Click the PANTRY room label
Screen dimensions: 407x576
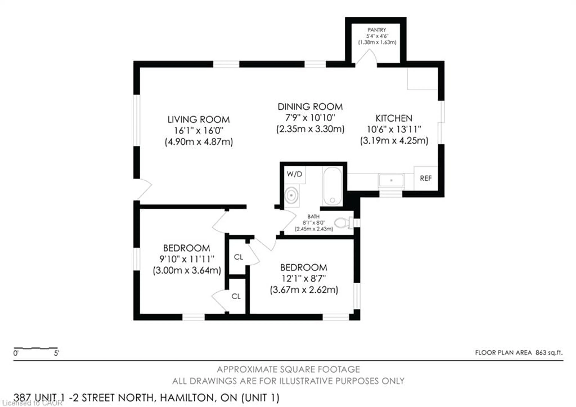click(376, 30)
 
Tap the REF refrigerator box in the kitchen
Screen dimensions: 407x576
click(426, 178)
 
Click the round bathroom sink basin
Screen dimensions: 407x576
click(291, 195)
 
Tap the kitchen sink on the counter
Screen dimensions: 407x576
click(391, 180)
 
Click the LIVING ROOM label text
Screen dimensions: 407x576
click(198, 120)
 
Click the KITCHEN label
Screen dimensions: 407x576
click(394, 118)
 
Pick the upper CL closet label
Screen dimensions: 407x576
click(238, 257)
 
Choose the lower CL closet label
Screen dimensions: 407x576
click(236, 296)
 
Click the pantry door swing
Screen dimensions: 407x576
click(367, 58)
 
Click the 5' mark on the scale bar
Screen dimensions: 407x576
click(56, 353)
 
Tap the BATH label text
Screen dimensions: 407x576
click(313, 216)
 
